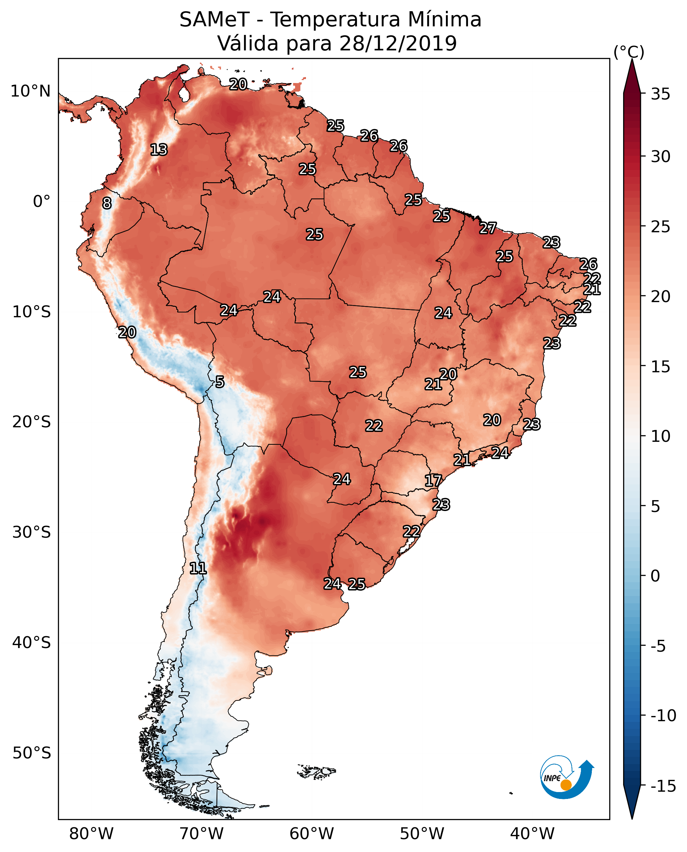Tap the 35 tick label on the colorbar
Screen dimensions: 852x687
[x=660, y=94]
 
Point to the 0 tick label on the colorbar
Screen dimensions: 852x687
[x=655, y=576]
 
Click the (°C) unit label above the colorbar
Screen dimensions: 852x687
[x=628, y=52]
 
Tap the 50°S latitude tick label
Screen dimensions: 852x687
[x=32, y=753]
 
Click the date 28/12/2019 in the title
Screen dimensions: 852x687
[x=398, y=43]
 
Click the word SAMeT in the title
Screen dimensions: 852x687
[x=214, y=19]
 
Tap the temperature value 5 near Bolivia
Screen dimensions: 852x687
[x=220, y=382]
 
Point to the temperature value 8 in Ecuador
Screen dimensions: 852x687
[x=107, y=203]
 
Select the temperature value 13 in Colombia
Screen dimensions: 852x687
[x=159, y=150]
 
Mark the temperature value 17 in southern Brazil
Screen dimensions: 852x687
[x=433, y=481]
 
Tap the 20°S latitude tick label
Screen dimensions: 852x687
[x=32, y=422]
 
